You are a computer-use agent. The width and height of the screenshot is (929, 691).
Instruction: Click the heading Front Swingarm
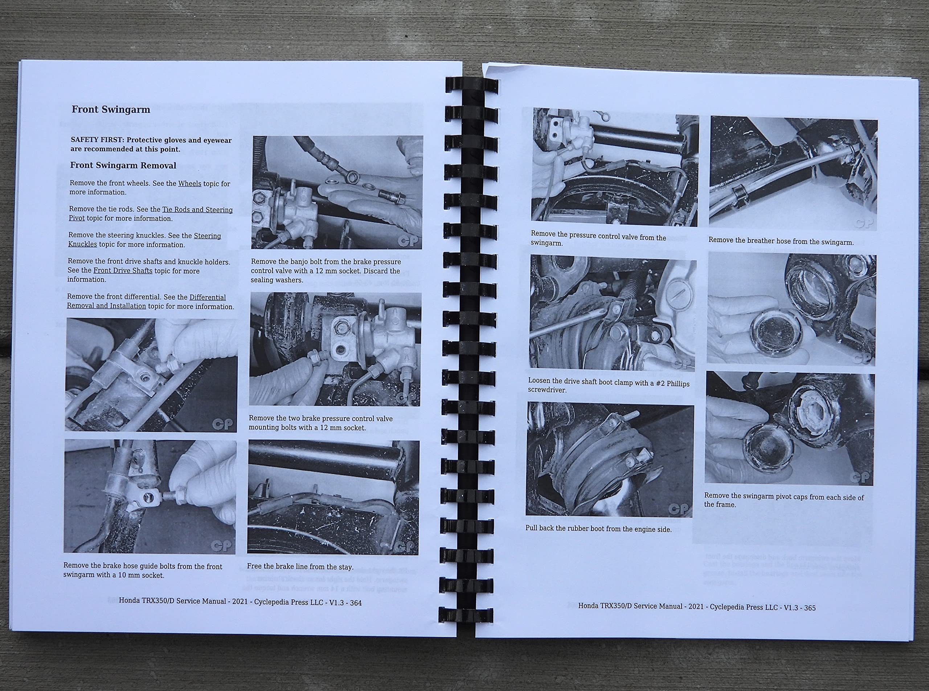tap(111, 110)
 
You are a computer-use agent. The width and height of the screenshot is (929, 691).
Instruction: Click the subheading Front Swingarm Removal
tap(123, 165)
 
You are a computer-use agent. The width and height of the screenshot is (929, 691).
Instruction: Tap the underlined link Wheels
tap(189, 184)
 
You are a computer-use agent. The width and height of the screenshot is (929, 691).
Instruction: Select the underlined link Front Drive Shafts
tap(123, 271)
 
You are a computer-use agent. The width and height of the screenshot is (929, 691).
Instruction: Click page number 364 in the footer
tap(356, 603)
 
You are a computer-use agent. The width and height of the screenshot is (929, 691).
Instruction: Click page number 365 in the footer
tap(809, 608)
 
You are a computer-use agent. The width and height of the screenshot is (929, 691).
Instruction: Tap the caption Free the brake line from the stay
tap(300, 567)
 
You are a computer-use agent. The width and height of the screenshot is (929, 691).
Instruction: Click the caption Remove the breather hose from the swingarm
tap(781, 241)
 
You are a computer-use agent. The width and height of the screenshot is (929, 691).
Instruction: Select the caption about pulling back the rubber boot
tap(598, 529)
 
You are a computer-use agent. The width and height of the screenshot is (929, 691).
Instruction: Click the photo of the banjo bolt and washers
tap(337, 192)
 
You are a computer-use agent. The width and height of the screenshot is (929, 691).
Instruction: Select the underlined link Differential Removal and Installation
tap(146, 302)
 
